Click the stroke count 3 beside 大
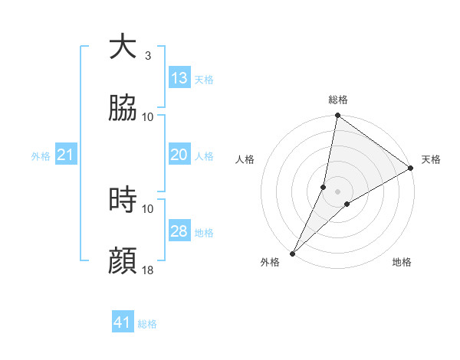point(148,55)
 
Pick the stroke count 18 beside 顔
point(148,270)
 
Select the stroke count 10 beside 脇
point(148,116)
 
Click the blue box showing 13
point(179,78)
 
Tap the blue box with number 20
point(179,155)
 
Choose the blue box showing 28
point(179,231)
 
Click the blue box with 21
point(66,155)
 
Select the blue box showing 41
point(123,322)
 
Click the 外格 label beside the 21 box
point(41,156)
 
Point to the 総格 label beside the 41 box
point(147,324)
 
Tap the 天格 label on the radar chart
point(431,159)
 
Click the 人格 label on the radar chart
point(245,159)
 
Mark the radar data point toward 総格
point(337,116)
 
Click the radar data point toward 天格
point(411,169)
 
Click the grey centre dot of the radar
point(338,191)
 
